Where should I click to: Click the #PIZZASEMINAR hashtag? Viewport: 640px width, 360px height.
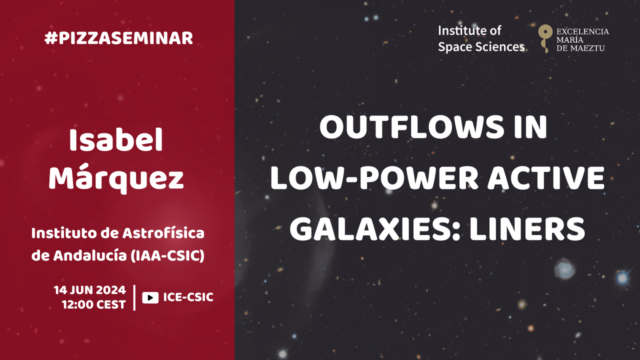118,38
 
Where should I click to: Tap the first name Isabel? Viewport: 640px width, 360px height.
116,140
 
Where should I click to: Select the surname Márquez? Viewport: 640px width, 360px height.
116,177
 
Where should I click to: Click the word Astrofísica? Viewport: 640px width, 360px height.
163,233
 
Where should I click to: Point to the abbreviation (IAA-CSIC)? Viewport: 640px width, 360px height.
167,255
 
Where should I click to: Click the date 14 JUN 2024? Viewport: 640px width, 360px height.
89,290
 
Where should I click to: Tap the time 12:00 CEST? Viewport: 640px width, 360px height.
94,305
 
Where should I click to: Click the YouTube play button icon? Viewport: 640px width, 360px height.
150,297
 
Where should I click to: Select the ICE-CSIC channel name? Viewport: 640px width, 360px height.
188,297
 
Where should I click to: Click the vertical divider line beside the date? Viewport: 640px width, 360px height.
134,297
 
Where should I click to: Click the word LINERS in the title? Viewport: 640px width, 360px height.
527,229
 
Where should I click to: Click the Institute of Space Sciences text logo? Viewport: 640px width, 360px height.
481,39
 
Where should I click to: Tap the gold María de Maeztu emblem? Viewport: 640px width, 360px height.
545,38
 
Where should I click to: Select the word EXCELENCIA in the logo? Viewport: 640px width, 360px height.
582,31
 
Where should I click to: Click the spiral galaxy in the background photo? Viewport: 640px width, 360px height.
565,269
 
